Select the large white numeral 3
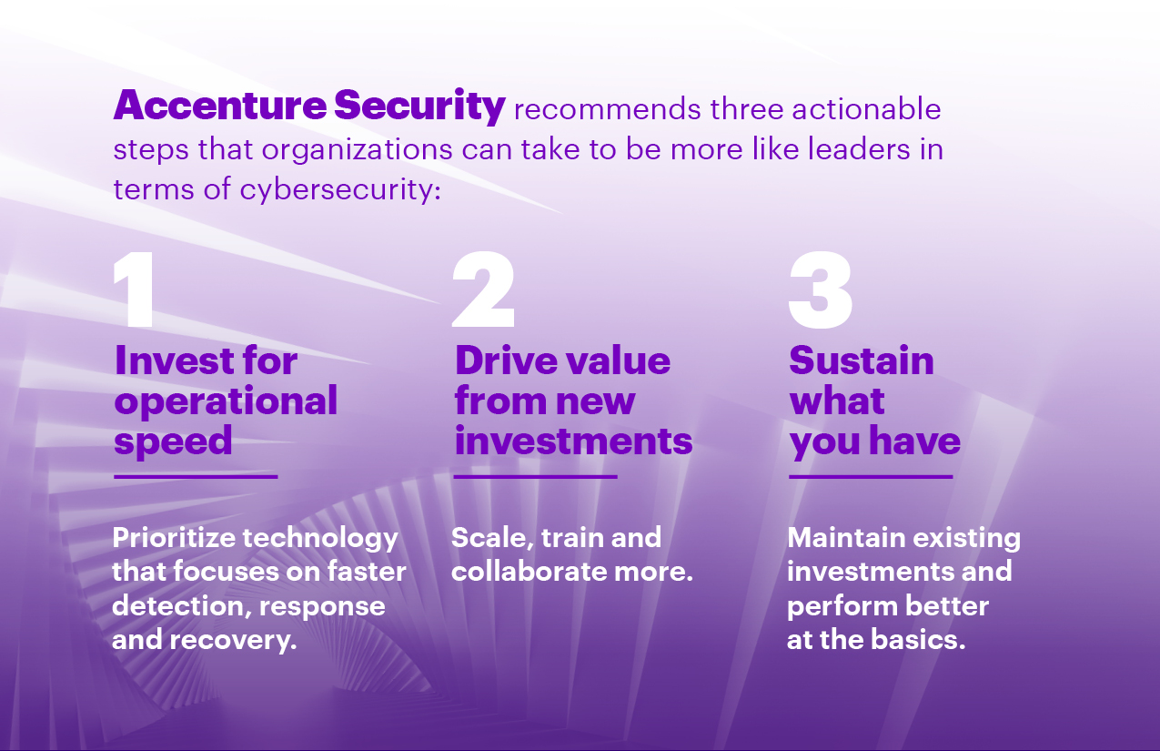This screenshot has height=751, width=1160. pyautogui.click(x=821, y=289)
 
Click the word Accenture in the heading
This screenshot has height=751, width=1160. pyautogui.click(x=220, y=106)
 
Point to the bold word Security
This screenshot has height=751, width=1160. pyautogui.click(x=419, y=107)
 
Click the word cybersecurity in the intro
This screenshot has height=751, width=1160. pyautogui.click(x=339, y=189)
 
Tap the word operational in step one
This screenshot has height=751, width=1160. pyautogui.click(x=226, y=402)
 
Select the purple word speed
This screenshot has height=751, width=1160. pyautogui.click(x=173, y=442)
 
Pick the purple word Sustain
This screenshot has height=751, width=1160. pyautogui.click(x=862, y=360)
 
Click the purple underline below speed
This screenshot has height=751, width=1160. pyautogui.click(x=196, y=476)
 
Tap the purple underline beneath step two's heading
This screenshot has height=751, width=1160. pyautogui.click(x=536, y=476)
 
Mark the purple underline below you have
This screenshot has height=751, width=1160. pyautogui.click(x=871, y=476)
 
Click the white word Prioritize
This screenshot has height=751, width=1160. pyautogui.click(x=174, y=538)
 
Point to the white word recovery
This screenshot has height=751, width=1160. pyautogui.click(x=233, y=641)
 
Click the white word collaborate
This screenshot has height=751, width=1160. pyautogui.click(x=529, y=572)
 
